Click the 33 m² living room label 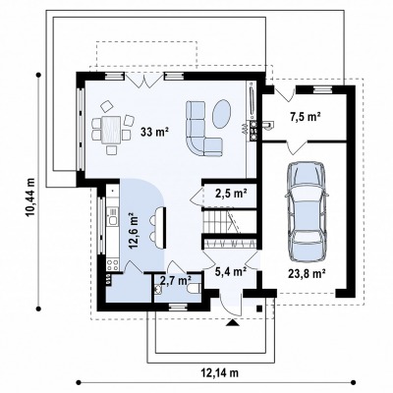tap(155, 132)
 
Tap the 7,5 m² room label tap(306, 117)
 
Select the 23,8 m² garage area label tap(307, 273)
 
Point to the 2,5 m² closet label tap(231, 194)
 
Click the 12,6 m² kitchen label tap(135, 231)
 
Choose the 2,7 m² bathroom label tap(176, 280)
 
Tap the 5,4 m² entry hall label tap(231, 271)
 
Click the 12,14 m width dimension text tap(219, 372)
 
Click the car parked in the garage tap(307, 212)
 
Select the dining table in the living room tap(111, 130)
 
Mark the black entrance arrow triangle tap(233, 323)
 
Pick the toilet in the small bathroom tap(194, 288)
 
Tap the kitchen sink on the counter tap(113, 220)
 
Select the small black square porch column tap(259, 308)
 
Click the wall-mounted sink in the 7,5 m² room tap(267, 126)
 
